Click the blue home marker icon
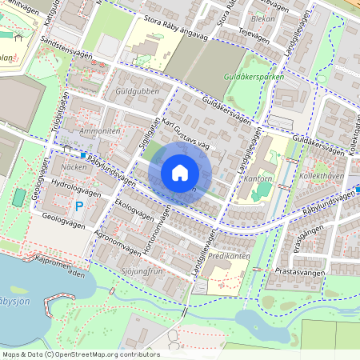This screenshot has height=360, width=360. coord(180,173)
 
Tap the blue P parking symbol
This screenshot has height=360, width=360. coord(79,206)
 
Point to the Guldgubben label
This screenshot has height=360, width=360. coord(131,92)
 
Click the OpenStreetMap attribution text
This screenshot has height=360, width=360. coord(80,354)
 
